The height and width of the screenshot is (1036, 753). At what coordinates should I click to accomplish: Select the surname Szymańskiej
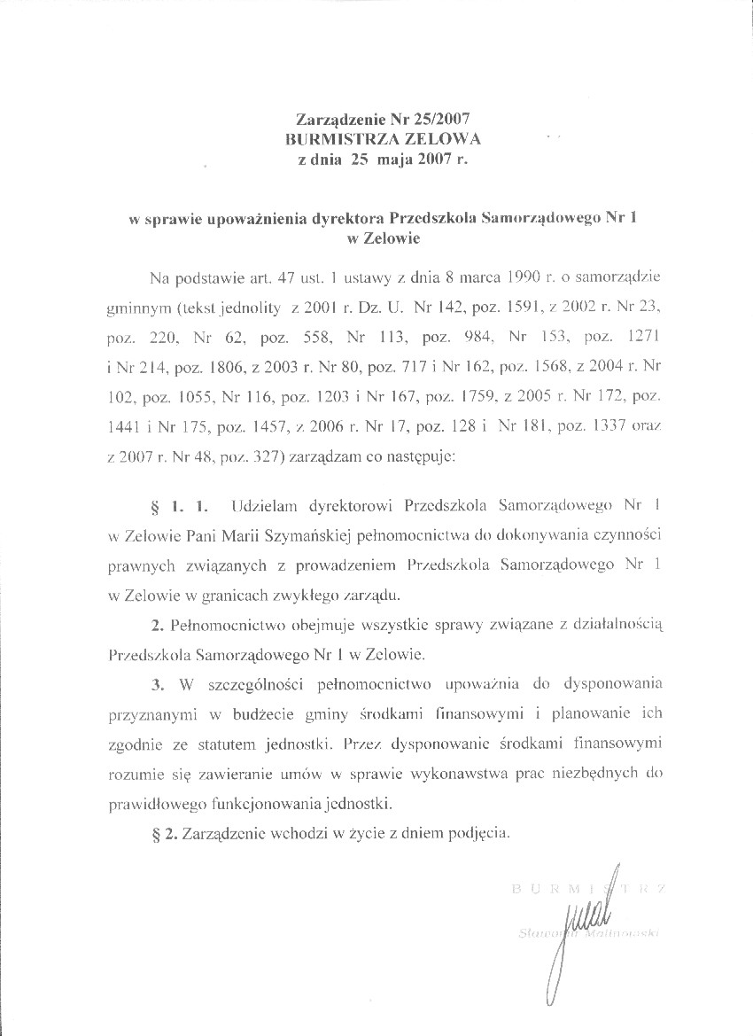tap(316, 536)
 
